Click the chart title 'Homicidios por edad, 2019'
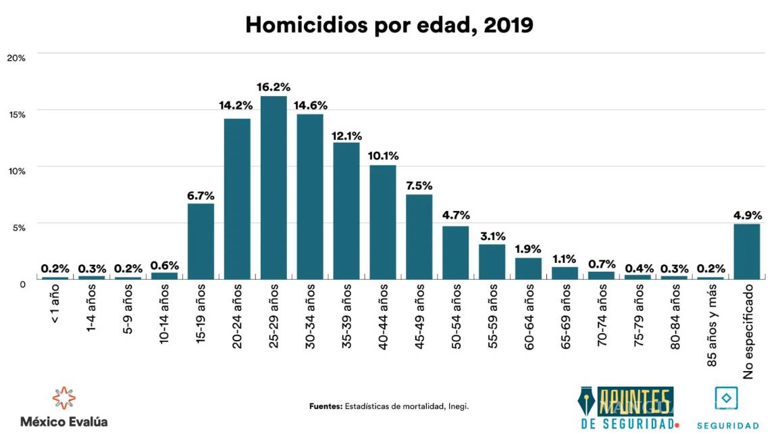(x=389, y=25)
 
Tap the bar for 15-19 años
(x=201, y=241)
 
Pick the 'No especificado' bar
(x=747, y=251)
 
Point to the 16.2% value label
(x=274, y=87)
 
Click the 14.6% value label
(x=310, y=105)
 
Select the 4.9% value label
(x=747, y=216)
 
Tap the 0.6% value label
(x=164, y=265)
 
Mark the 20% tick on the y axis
(x=16, y=58)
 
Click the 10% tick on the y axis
(x=16, y=171)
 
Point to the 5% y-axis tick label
(x=18, y=228)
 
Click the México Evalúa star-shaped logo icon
(x=63, y=397)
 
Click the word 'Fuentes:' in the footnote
(x=326, y=406)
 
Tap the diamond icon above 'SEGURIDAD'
(x=726, y=398)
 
